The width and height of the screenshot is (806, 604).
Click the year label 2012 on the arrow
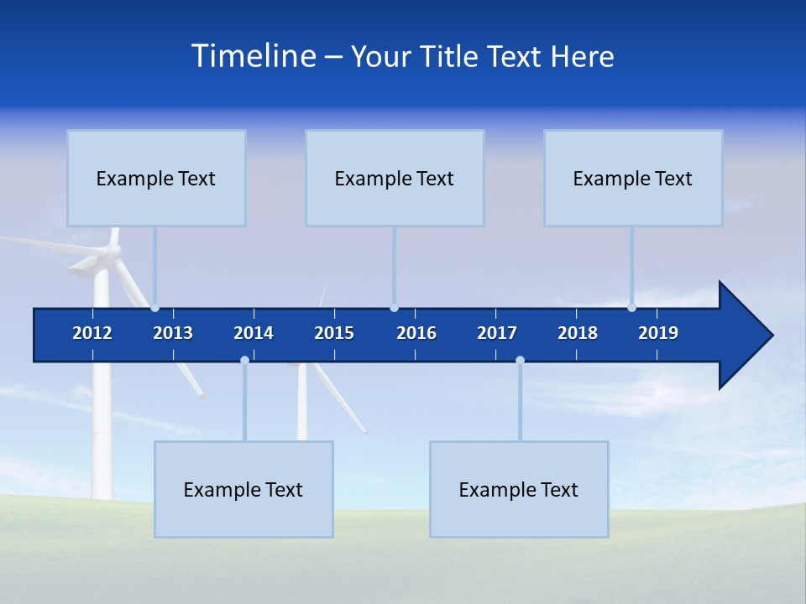[92, 333]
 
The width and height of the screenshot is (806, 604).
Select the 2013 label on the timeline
[173, 333]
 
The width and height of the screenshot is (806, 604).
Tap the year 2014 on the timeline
[254, 333]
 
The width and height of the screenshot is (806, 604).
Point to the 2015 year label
[334, 333]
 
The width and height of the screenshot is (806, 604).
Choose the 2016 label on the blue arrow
[416, 333]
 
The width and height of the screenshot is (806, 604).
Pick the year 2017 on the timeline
[497, 333]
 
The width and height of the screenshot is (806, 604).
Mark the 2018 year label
[578, 333]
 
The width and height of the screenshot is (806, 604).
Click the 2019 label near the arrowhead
[658, 333]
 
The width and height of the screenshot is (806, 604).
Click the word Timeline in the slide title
[254, 56]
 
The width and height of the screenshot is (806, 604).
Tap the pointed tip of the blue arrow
[771, 336]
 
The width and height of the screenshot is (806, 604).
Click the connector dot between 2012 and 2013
[155, 308]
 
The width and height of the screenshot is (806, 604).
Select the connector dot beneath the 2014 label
[244, 360]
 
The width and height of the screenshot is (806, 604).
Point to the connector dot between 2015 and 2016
[394, 308]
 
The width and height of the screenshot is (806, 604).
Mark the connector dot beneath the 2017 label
[520, 360]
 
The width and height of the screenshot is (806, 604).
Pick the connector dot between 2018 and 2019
[632, 308]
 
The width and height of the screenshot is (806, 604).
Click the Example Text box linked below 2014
[243, 489]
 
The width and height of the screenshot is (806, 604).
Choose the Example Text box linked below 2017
[519, 489]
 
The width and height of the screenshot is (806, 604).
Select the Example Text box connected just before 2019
[633, 178]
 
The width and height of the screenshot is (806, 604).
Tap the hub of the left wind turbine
[112, 252]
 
